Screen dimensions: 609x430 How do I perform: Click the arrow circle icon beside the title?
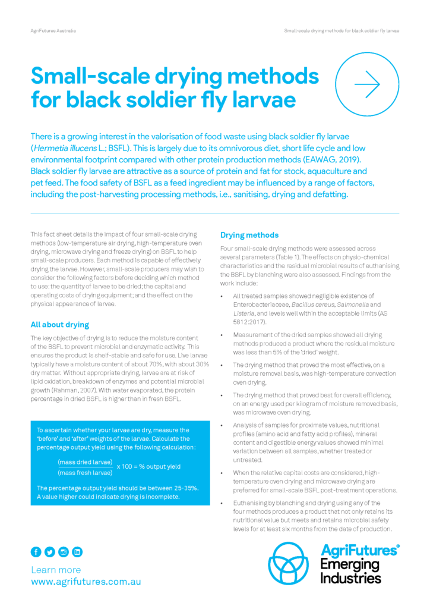click(366, 84)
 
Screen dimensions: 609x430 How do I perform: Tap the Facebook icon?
click(36, 552)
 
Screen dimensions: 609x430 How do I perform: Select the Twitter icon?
click(50, 552)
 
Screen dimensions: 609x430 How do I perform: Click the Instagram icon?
click(64, 552)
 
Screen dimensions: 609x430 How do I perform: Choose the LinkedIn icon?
click(77, 552)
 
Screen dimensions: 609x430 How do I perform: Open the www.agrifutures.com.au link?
click(86, 582)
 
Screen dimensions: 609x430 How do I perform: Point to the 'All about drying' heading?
click(59, 325)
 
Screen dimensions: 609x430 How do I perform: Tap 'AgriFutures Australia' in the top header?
click(53, 30)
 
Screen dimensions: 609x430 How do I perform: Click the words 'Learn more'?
click(56, 570)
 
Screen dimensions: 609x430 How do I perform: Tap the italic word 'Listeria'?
click(244, 312)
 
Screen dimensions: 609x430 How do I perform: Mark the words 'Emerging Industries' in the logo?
click(350, 570)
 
